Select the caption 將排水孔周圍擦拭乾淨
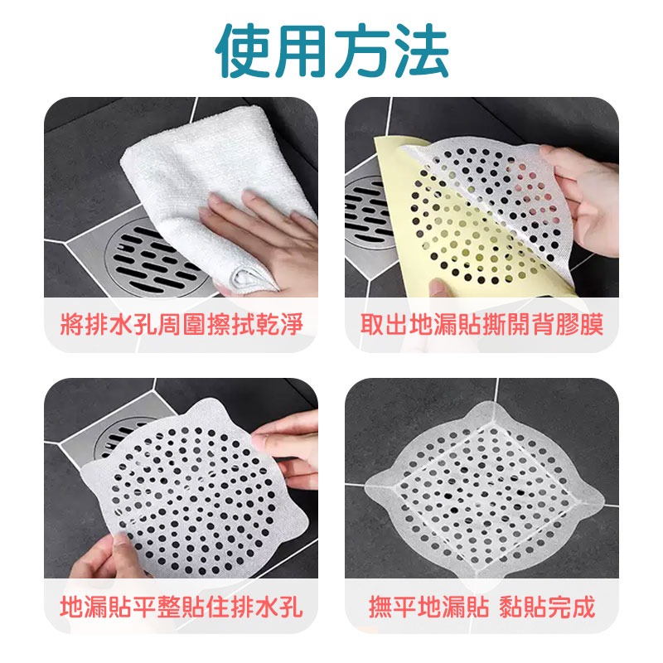pyautogui.click(x=181, y=324)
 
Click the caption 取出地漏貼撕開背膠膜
pyautogui.click(x=482, y=324)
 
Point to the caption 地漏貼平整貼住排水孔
pyautogui.click(x=181, y=607)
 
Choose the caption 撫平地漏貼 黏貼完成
pyautogui.click(x=482, y=607)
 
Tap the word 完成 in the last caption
pyautogui.click(x=573, y=607)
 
